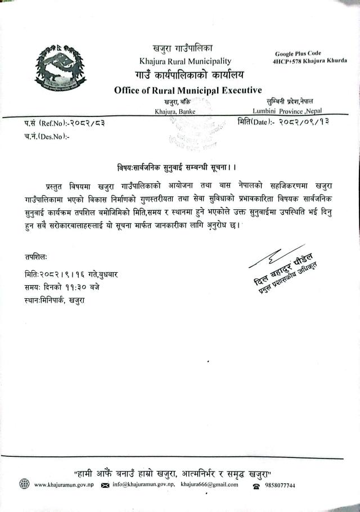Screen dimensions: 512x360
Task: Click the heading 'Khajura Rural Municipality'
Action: coord(184,61)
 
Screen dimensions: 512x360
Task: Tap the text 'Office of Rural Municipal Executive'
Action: coord(188,89)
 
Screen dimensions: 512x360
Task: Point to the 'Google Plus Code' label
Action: coord(298,52)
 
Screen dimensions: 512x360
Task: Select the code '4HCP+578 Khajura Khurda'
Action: coord(310,60)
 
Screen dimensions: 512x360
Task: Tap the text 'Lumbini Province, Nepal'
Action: coord(287,111)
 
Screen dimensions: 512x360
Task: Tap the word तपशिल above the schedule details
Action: coord(36,257)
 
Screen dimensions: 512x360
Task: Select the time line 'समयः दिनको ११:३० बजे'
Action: coord(65,287)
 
